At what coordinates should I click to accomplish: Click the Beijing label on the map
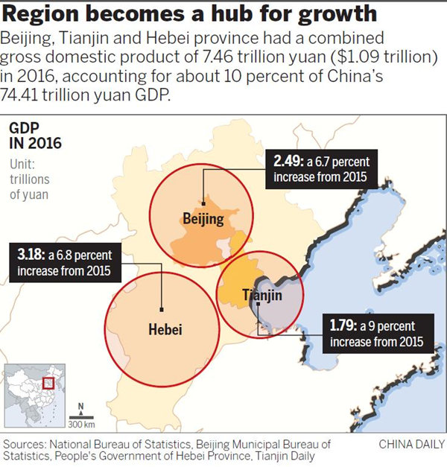203,219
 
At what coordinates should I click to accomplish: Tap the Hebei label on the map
165,329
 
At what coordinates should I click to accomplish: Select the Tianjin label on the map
262,296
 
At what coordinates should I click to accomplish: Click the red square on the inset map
49,383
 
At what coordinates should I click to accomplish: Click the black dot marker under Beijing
203,203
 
